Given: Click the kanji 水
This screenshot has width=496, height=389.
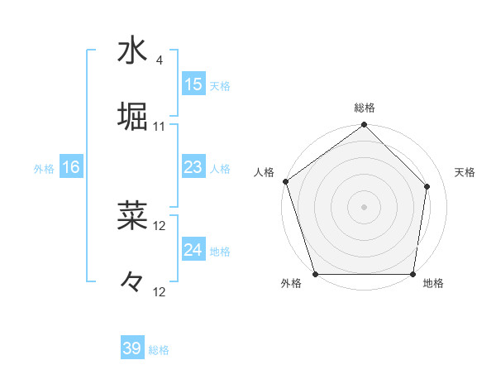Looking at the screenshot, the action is [132, 50].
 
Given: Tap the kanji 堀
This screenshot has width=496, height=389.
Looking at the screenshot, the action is [132, 114].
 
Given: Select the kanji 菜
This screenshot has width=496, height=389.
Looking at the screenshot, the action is [132, 215].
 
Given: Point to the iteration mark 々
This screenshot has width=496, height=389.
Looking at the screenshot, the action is [132, 281].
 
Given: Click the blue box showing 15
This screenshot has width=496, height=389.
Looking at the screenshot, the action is [193, 84].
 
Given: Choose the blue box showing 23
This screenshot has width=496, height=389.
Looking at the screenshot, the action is [193, 167].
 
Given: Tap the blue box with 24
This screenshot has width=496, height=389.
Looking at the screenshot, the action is [193, 250].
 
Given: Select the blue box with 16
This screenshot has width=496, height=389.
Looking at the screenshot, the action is [71, 167].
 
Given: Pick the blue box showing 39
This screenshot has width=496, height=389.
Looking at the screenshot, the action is [132, 348].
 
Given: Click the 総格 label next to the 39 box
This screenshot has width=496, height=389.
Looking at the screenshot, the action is [160, 350].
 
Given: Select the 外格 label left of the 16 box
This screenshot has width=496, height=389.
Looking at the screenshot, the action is [44, 169].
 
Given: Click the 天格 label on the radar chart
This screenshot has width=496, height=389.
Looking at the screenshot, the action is [465, 172].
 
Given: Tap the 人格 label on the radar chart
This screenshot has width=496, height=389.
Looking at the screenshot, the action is [265, 172].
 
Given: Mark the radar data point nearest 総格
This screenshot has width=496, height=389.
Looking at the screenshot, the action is [364, 126].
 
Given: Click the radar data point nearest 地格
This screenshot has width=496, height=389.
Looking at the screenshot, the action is [413, 274].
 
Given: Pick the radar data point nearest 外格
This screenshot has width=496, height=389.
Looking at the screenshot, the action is [315, 274].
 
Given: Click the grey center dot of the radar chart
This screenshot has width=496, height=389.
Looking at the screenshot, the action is [364, 206].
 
